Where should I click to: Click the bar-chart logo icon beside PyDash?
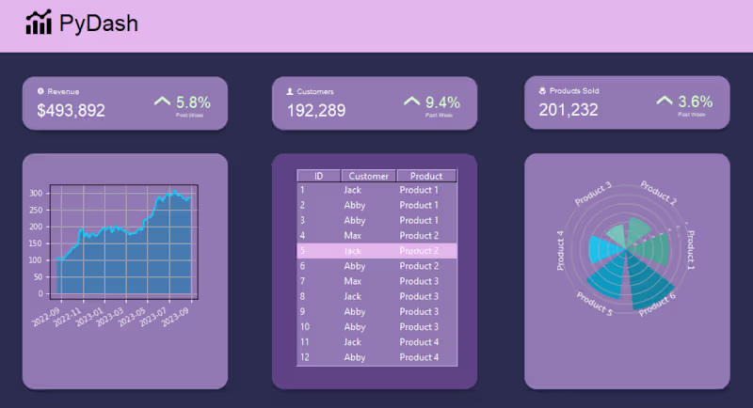tap(39, 24)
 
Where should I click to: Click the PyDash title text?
tap(98, 24)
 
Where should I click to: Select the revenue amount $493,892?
tap(71, 111)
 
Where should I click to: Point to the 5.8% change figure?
tap(193, 102)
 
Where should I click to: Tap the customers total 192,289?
tap(310, 111)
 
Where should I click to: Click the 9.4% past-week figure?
tap(442, 102)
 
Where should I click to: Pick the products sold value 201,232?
tap(569, 110)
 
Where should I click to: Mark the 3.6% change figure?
tap(695, 102)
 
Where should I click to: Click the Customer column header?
tap(368, 176)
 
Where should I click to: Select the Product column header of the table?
tap(426, 176)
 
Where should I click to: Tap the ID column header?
tap(319, 176)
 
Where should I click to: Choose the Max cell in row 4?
tap(352, 235)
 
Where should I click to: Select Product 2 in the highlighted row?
tap(419, 251)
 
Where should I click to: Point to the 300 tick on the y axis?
tap(37, 194)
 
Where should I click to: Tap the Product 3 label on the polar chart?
tap(594, 192)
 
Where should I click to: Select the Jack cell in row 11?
tap(353, 342)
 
